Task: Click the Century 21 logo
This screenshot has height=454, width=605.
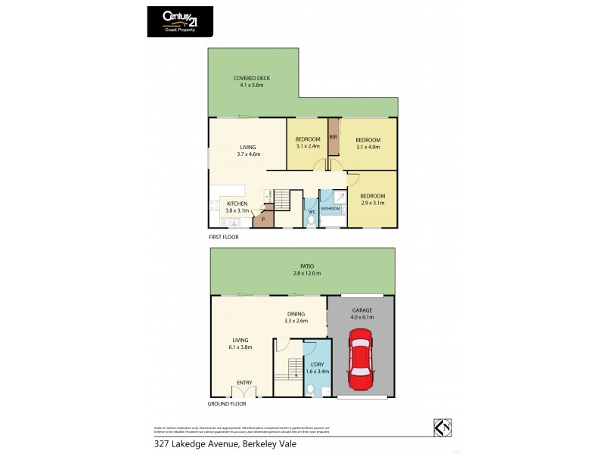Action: click(180, 20)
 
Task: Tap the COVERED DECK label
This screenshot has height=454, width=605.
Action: click(251, 78)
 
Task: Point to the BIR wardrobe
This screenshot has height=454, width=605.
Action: click(333, 137)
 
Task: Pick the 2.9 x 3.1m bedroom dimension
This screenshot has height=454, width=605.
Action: click(372, 203)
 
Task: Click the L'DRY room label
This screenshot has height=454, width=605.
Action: click(316, 364)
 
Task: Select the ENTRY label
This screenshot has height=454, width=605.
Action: click(244, 383)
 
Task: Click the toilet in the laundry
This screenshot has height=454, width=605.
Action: click(311, 390)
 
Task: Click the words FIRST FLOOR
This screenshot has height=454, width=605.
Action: click(224, 237)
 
